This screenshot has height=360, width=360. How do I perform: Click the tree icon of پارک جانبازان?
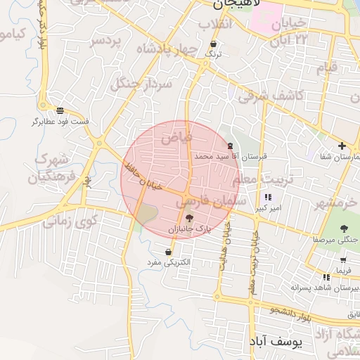188,219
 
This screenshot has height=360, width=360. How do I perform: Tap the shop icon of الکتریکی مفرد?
169,252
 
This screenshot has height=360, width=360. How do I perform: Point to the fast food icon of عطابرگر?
60,110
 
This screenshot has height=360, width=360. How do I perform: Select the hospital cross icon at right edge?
342,146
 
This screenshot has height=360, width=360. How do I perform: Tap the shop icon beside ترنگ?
204,44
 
